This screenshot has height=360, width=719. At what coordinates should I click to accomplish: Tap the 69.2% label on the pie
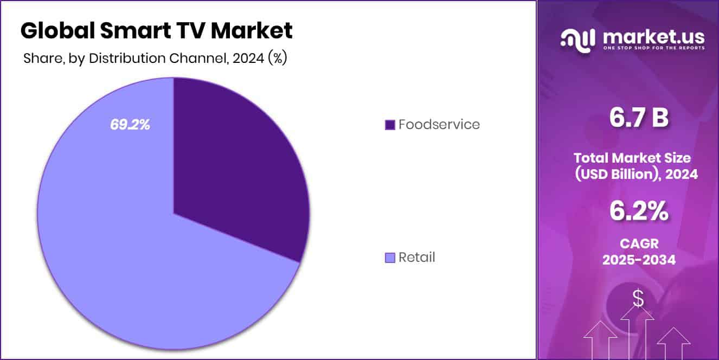pyautogui.click(x=130, y=125)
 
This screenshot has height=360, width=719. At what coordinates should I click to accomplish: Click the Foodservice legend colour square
pyautogui.click(x=389, y=125)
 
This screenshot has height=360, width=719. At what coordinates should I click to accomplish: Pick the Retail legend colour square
pyautogui.click(x=389, y=258)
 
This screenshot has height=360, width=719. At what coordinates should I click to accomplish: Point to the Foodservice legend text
pyautogui.click(x=439, y=125)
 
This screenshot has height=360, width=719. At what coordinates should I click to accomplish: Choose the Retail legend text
pyautogui.click(x=416, y=258)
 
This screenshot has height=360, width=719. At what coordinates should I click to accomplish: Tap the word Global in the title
pyautogui.click(x=57, y=31)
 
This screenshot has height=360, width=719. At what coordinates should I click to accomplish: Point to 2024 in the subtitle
pyautogui.click(x=247, y=59)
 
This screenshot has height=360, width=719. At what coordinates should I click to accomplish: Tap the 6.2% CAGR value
pyautogui.click(x=639, y=211)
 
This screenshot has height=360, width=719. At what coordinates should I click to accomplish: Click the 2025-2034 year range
pyautogui.click(x=639, y=260)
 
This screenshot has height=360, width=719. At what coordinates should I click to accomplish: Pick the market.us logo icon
pyautogui.click(x=578, y=39)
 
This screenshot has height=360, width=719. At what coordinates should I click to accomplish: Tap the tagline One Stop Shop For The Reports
pyautogui.click(x=654, y=48)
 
